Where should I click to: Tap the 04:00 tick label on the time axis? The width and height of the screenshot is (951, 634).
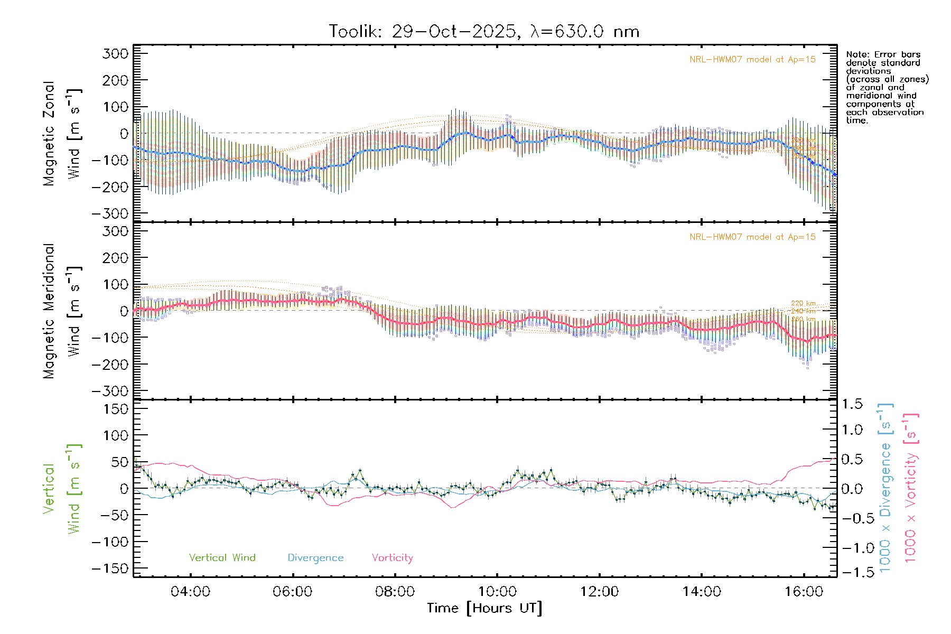pos(190,592)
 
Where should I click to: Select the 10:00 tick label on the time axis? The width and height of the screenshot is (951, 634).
pos(497,592)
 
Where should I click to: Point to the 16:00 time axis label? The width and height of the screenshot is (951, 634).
pos(804,592)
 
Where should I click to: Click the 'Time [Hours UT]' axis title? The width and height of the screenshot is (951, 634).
pos(484,609)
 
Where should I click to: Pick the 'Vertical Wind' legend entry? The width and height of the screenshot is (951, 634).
pos(222,558)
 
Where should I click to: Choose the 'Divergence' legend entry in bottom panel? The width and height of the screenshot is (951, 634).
pos(315,558)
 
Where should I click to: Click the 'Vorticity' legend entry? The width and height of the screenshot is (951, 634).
pos(392,558)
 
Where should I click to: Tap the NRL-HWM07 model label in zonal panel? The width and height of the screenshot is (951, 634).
pos(752,60)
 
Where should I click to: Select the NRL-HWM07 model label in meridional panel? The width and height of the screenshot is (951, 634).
pos(752,237)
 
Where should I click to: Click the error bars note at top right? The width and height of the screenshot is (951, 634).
pos(887,87)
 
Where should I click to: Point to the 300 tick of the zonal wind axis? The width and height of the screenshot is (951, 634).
pos(115,54)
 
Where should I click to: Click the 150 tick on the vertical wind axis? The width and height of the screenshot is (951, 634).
pos(115,409)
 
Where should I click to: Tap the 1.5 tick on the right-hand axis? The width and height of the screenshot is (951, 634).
pos(852,404)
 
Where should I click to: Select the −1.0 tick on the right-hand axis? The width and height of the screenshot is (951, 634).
pos(852,548)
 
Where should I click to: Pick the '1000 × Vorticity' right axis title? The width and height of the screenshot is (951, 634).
pos(911,488)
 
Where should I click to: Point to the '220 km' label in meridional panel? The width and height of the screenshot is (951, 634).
pos(803,303)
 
